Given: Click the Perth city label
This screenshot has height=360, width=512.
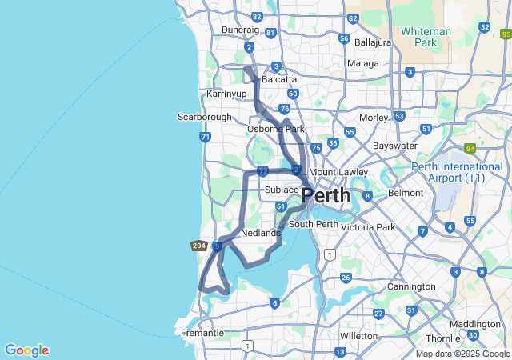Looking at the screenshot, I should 326,195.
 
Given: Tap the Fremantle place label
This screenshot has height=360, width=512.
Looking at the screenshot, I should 202,333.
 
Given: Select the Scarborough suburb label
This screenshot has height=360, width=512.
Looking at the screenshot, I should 204,117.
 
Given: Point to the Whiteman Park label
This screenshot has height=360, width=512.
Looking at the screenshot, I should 426,36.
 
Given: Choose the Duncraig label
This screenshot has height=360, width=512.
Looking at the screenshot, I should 240,30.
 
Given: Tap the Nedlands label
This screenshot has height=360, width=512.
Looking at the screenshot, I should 260,234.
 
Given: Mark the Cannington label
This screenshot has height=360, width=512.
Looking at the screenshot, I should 412,286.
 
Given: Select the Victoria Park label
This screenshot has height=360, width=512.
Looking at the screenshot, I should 368,227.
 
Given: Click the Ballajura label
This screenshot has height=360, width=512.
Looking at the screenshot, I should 373,42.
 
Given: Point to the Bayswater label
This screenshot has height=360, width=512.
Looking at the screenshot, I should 395,146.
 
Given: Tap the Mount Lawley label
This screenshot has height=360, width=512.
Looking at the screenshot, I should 338,172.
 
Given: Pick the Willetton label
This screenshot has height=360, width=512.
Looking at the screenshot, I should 358,336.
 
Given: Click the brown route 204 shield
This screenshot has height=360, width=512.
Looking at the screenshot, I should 200,246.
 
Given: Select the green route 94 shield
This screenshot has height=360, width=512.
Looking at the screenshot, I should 470,148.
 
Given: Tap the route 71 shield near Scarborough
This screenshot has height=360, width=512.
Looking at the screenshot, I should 206,137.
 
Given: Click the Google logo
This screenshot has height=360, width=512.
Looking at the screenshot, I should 26,350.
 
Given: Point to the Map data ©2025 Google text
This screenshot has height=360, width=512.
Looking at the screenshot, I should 462,354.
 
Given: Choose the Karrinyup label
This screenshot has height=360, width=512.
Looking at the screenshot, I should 226,94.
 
